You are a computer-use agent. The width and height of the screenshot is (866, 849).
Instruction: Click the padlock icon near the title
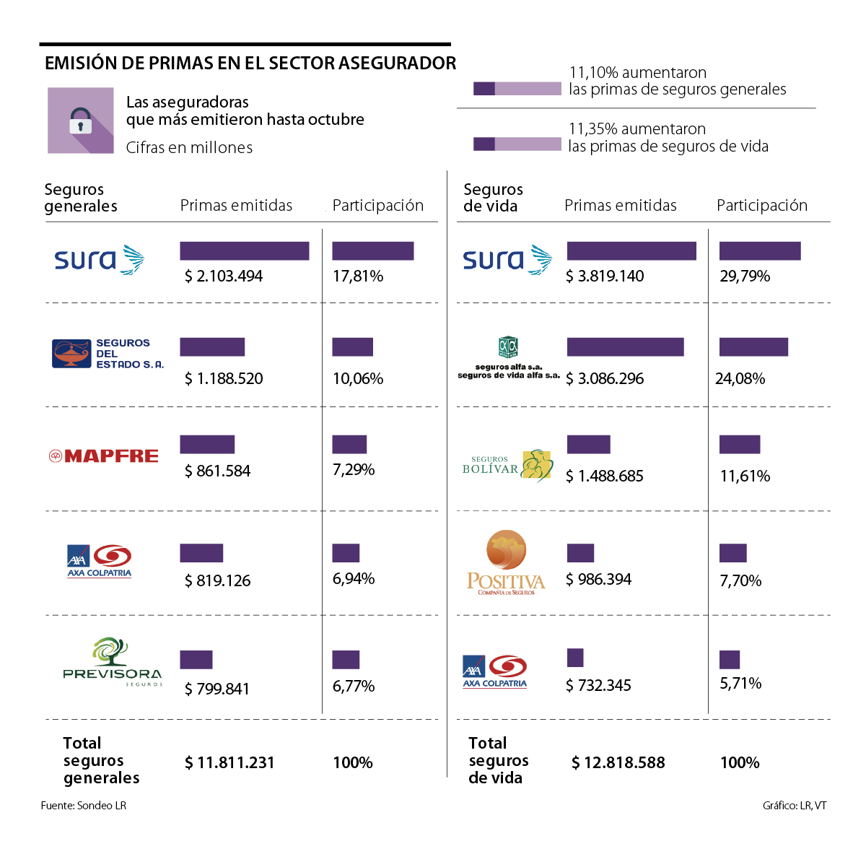tap(81, 121)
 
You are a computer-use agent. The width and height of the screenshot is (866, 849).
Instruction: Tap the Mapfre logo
tap(104, 456)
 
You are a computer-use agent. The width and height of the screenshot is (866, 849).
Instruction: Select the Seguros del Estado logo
tap(108, 354)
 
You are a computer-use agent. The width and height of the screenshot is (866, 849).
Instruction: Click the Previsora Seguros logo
tap(113, 661)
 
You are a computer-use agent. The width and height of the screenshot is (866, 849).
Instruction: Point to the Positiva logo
tap(506, 563)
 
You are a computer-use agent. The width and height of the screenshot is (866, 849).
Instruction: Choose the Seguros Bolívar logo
tap(507, 466)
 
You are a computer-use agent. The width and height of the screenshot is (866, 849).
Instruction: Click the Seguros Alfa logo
tap(508, 357)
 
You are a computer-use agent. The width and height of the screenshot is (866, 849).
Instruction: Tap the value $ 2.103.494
tap(224, 277)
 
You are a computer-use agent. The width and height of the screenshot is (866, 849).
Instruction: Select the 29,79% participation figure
tap(745, 277)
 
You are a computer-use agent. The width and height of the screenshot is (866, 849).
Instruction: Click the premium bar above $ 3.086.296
tap(625, 347)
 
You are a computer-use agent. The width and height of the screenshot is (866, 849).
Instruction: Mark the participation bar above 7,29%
tap(349, 445)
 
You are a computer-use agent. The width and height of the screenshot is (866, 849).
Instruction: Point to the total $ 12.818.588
tap(618, 763)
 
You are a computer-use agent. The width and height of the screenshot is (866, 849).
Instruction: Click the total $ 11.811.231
tap(229, 763)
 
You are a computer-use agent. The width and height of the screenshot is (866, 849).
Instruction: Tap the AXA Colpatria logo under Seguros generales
tap(100, 561)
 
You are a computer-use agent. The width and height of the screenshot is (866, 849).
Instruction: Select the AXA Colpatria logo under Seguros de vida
tap(495, 671)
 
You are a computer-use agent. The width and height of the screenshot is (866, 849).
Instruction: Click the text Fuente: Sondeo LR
tap(84, 806)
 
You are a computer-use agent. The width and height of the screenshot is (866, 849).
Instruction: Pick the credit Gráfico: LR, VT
tap(795, 806)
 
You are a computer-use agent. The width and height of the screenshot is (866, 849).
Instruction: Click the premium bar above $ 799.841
tap(196, 660)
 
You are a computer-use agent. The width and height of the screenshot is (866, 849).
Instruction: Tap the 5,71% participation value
tap(740, 684)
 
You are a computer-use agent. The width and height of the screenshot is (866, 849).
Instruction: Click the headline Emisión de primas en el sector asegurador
tap(250, 64)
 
